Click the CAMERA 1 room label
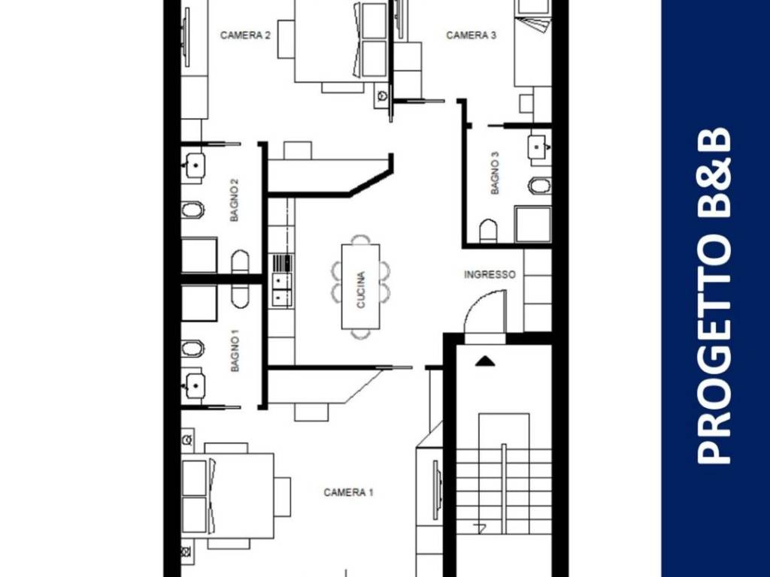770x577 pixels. tap(349, 492)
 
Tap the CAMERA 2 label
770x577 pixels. tap(246, 35)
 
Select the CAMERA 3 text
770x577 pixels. tap(471, 35)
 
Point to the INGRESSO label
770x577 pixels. tap(490, 275)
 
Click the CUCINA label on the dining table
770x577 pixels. tap(361, 290)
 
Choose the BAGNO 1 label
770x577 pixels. tap(235, 351)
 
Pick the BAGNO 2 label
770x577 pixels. tap(235, 200)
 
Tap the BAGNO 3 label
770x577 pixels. tap(495, 174)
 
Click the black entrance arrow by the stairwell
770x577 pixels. tap(485, 361)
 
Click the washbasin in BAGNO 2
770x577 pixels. tap(195, 165)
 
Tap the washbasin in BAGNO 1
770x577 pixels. tap(195, 385)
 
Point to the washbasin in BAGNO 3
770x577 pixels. tap(538, 147)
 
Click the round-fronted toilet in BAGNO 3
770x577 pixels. tap(488, 231)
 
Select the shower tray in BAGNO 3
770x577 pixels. tap(532, 225)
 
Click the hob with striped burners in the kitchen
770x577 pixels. tap(283, 263)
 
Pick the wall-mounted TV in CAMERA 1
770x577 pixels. tap(435, 490)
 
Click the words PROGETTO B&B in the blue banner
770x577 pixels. tap(714, 296)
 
